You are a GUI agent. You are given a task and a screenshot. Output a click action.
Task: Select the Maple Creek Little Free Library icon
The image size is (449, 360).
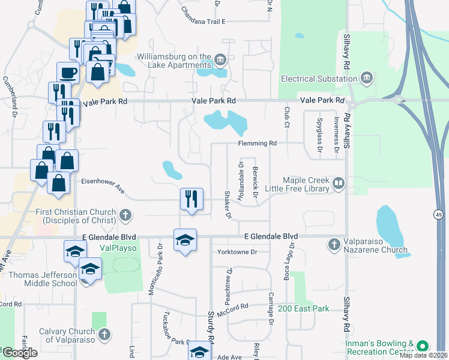[339, 184]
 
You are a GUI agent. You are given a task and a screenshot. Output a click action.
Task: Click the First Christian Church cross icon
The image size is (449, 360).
[125, 215]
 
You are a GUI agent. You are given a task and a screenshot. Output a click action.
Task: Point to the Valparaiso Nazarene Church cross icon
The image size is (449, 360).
[334, 244]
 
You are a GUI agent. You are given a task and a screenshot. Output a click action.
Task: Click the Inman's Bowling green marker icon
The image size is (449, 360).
[423, 346]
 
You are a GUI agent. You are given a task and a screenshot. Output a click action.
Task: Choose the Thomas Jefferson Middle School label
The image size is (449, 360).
[38, 280]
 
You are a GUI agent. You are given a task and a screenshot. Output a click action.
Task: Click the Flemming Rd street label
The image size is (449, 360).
[257, 143]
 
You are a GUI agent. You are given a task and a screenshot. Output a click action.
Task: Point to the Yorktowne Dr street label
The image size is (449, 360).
[237, 252]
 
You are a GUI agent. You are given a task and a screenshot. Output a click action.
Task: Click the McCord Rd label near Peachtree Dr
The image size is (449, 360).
[234, 307]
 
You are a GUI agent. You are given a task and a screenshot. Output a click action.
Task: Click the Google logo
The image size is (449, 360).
[19, 353]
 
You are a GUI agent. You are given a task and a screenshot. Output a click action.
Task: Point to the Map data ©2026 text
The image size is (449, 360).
[423, 356]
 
